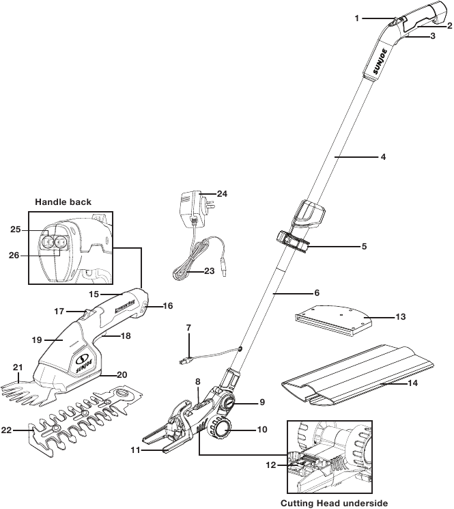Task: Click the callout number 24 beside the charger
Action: point(222,194)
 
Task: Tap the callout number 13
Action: point(401,316)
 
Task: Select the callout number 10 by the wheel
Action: point(262,430)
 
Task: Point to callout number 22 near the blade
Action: point(7,430)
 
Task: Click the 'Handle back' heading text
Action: point(63,202)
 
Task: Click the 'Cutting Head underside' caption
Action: point(334,503)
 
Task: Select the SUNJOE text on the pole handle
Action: point(380,66)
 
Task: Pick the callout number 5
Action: point(364,247)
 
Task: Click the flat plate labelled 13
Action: point(333,320)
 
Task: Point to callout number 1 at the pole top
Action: point(356,18)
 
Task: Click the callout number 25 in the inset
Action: point(16,230)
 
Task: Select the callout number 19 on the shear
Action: point(37,340)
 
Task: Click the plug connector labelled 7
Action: point(185,359)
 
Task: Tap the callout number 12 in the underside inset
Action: point(271,465)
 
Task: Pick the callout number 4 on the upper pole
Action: point(383,157)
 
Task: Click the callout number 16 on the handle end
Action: point(167,306)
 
